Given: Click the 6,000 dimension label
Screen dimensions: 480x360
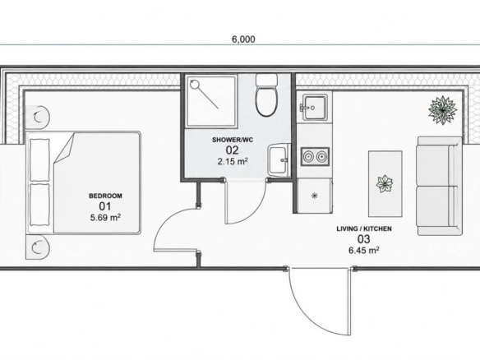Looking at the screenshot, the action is tap(243, 39).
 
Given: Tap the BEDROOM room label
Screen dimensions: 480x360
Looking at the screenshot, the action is tap(105, 196).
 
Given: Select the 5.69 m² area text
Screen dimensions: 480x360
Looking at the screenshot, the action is tap(105, 217).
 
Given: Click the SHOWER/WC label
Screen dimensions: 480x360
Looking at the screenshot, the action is tap(233, 140).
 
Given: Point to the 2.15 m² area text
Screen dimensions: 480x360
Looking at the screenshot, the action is tap(233, 161).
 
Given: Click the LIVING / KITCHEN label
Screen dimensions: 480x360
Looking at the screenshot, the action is tap(364, 228).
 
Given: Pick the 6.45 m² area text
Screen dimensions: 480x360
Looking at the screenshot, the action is tap(364, 250).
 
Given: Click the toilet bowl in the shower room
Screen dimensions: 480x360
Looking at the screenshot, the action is tap(266, 101).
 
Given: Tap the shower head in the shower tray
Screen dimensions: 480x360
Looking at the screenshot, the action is tap(195, 84).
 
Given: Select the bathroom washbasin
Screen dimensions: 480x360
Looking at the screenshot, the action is tap(279, 159).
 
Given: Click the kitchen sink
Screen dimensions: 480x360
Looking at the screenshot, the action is tap(313, 108).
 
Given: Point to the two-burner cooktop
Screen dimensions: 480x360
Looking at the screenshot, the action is tap(315, 156).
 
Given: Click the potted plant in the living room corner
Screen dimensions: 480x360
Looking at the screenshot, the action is tap(443, 110).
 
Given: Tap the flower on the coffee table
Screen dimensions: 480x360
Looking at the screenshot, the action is tap(385, 183).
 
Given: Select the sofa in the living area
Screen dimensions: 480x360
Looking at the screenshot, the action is tap(440, 186).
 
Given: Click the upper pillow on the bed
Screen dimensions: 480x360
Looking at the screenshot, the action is tap(39, 159).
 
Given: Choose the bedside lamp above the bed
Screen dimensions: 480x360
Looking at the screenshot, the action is tap(39, 118).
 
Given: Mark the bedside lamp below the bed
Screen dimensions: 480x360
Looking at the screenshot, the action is tap(39, 247).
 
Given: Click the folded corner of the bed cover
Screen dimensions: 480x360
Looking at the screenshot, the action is tap(64, 148).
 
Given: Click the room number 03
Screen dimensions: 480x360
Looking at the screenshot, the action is tap(363, 239).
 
